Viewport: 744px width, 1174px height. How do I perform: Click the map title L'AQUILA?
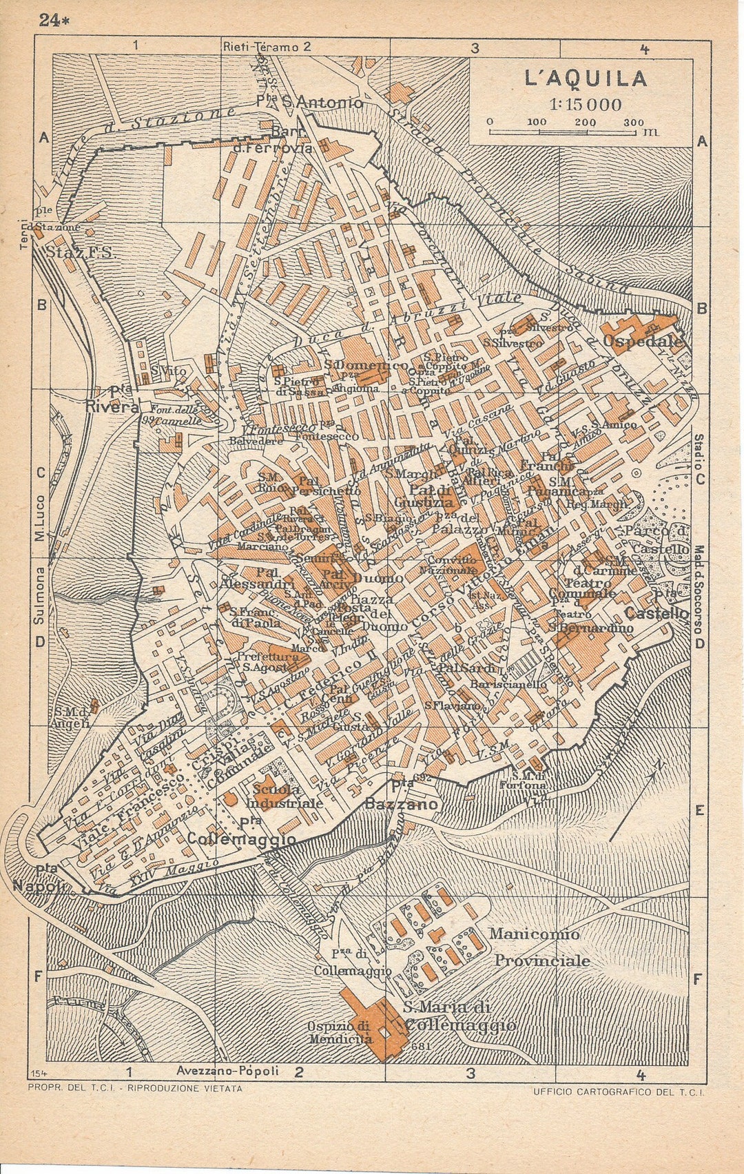[586, 79]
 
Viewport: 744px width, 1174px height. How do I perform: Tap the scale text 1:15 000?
[586, 105]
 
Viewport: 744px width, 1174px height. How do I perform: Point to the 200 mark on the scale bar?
[586, 123]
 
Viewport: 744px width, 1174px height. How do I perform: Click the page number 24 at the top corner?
[51, 20]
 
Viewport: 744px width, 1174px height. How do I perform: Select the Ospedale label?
[642, 341]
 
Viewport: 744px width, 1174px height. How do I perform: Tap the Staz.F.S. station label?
[81, 253]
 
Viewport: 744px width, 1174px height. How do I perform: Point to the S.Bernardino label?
[590, 628]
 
